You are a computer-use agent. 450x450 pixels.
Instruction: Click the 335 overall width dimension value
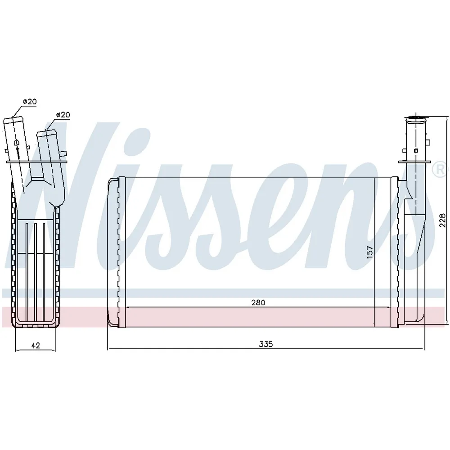266,344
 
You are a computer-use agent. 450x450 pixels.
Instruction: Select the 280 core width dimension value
258,302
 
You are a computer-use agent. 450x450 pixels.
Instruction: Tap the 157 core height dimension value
370,252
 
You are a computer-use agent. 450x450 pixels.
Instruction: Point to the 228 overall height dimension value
442,220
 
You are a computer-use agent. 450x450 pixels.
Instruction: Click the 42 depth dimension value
35,345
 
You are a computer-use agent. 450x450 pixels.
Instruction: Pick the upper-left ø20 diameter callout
30,102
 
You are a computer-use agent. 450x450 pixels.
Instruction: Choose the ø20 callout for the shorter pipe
63,115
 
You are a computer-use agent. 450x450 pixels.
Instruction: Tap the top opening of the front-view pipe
415,117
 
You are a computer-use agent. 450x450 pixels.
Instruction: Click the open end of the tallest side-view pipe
13,120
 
